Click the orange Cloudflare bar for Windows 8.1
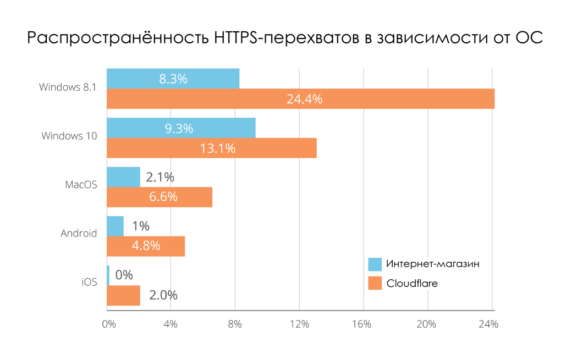(300, 99)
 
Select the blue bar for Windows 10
(181, 128)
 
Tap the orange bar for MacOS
(160, 197)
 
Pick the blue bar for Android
(115, 226)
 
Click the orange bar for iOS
(123, 295)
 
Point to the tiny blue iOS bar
(108, 275)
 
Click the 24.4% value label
(304, 99)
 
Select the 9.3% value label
(179, 128)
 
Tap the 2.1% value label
(160, 177)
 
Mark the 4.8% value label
(146, 246)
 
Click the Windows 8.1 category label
(68, 87)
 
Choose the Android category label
(79, 234)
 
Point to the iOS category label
(89, 283)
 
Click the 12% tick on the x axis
(300, 324)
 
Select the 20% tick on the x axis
(426, 324)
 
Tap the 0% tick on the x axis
(109, 324)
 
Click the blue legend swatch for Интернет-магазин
(375, 264)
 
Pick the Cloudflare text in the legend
(412, 284)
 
